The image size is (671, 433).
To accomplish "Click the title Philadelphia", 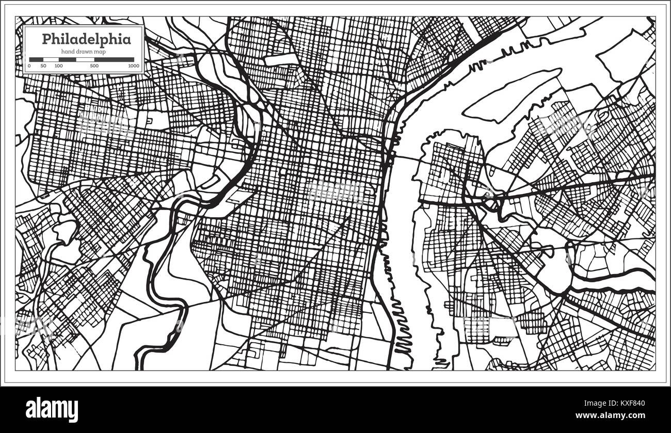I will coord(86,39).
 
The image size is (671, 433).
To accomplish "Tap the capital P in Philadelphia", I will coord(46,39).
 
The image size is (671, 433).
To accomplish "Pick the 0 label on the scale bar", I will coord(29,66).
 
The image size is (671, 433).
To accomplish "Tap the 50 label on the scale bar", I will coord(43,66).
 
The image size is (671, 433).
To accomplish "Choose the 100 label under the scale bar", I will coord(58,66).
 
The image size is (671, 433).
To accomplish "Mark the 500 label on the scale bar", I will coord(94,66).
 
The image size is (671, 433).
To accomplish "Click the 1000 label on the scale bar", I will coord(133,66).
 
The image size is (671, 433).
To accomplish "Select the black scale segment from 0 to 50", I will coord(36,59).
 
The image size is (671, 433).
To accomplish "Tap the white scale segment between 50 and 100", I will coord(51,59).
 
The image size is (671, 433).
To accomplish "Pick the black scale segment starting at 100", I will coord(67,59).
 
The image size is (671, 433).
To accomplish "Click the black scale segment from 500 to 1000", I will coord(114,59).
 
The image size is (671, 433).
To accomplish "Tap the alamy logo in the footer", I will coord(52,409).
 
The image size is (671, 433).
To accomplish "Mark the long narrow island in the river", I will coord(511,95).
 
